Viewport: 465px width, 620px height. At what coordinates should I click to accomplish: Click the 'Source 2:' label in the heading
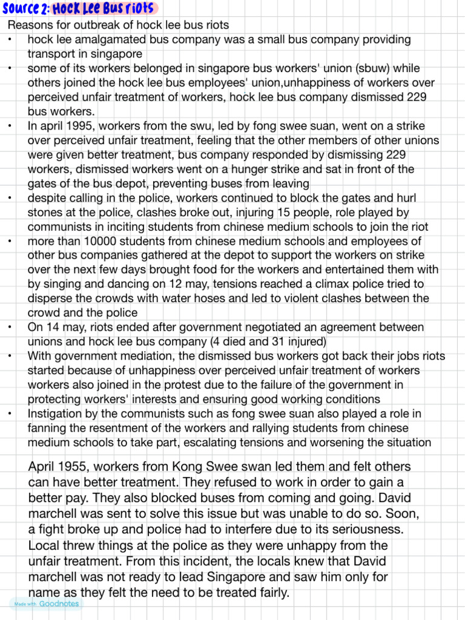(25, 8)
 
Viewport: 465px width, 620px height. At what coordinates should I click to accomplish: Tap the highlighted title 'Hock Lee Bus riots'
(104, 8)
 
